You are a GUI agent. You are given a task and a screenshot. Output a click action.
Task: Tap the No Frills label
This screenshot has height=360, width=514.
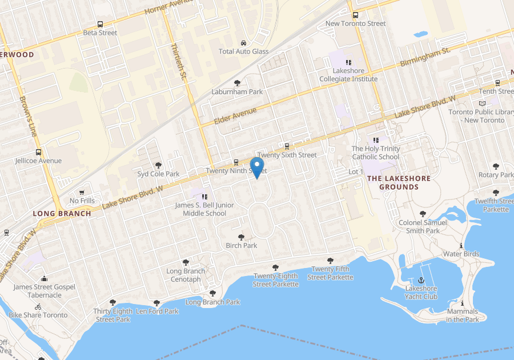coord(82,201)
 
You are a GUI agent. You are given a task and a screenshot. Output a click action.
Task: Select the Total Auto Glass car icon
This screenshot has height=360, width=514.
coord(244,43)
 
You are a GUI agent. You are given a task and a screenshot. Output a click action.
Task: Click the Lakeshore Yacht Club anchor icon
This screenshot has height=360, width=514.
coord(421,280)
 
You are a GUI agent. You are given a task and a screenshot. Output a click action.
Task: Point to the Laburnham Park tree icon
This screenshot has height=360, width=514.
coord(238,83)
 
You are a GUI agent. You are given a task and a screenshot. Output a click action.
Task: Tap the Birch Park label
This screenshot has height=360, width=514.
coord(242,245)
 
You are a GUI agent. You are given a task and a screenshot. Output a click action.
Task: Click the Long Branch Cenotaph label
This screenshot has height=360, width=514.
coord(186,275)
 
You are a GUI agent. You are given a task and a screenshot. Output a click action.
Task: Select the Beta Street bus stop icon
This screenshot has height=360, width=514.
coord(101,25)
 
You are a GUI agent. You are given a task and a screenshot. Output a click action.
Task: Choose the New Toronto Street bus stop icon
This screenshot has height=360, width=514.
coord(356,15)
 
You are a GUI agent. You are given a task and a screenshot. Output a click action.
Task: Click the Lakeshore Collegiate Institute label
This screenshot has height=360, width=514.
coord(348,75)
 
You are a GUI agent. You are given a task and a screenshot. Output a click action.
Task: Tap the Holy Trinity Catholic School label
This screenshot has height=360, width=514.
coord(376,153)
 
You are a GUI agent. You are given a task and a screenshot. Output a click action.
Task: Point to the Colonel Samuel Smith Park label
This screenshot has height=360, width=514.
coord(423,226)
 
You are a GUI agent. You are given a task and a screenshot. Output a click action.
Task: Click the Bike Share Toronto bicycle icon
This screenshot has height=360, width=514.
coord(38,307)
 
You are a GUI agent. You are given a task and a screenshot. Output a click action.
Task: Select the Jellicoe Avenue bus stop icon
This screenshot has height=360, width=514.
coord(38,153)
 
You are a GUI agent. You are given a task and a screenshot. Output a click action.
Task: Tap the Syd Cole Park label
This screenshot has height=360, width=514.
coord(158,174)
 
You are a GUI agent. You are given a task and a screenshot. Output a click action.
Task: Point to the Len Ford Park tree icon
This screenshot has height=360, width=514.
coord(156,303)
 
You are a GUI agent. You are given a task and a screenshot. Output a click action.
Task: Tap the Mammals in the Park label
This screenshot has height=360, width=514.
coord(463,315)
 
